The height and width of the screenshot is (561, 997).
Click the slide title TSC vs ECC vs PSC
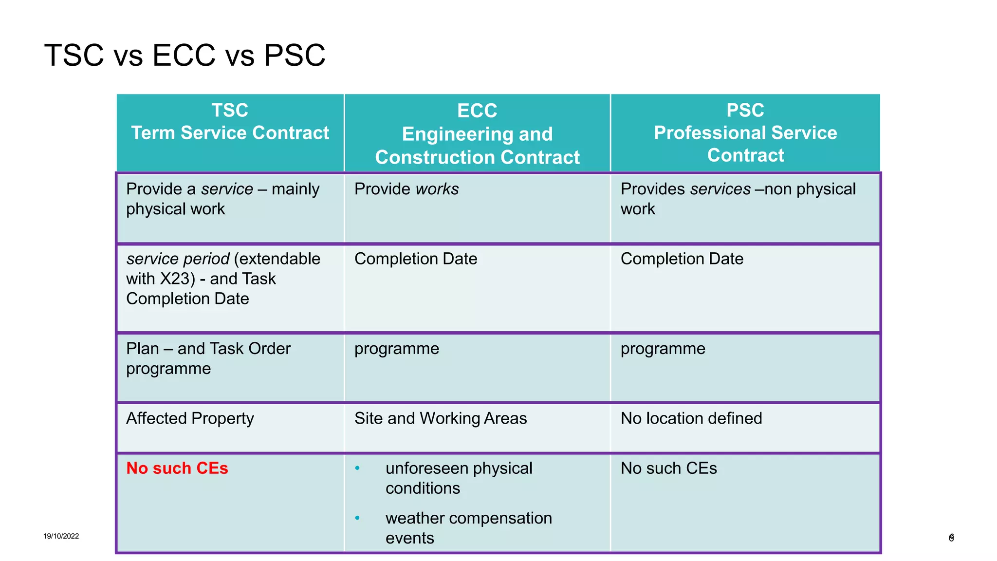pyautogui.click(x=185, y=55)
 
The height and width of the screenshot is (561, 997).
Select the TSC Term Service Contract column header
pyautogui.click(x=230, y=122)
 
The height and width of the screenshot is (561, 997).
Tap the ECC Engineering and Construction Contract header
pyautogui.click(x=477, y=134)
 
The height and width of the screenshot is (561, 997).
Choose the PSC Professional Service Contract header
pyautogui.click(x=745, y=132)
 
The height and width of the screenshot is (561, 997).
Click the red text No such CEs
pyautogui.click(x=177, y=468)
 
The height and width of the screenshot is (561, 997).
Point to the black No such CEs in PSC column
pyautogui.click(x=668, y=468)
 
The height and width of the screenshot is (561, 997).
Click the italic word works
pyautogui.click(x=437, y=189)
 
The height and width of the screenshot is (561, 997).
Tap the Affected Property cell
pyautogui.click(x=190, y=418)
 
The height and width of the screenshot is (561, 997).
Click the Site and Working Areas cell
pyautogui.click(x=440, y=418)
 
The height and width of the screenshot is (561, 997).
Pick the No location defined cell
pyautogui.click(x=691, y=418)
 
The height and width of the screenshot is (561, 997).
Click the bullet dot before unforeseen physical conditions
pyautogui.click(x=357, y=468)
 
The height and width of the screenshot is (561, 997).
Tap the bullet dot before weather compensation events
pyautogui.click(x=357, y=518)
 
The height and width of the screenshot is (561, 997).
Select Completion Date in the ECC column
pyautogui.click(x=415, y=259)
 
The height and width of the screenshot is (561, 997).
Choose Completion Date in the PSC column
pyautogui.click(x=682, y=259)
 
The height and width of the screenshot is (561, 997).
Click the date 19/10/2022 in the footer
pyautogui.click(x=61, y=536)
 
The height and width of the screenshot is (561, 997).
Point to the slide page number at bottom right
pyautogui.click(x=951, y=538)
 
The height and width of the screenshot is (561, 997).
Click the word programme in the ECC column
pyautogui.click(x=396, y=349)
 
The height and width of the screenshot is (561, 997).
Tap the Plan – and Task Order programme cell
pyautogui.click(x=208, y=358)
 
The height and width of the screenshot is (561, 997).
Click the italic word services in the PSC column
pyautogui.click(x=720, y=189)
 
